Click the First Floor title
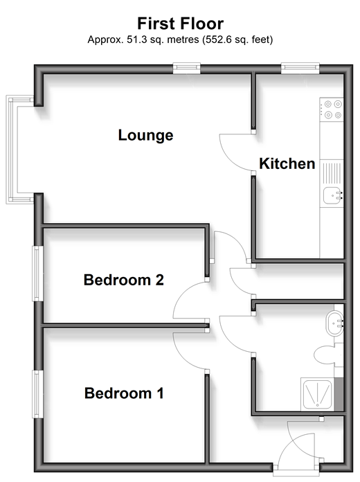pos(180,24)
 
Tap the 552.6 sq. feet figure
pos(237,39)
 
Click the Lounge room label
pos(145,135)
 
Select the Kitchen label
pos(287,163)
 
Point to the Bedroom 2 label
pos(124,280)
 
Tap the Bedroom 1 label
pos(124,393)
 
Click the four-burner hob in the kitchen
pos(332,109)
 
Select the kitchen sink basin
pos(332,195)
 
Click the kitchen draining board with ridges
pos(332,173)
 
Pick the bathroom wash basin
pos(334,323)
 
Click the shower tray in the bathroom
pos(318,394)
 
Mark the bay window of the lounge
pos(12,150)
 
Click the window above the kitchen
pos(300,69)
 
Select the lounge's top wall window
pos(187,69)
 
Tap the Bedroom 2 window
pos(38,274)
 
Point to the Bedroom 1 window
pos(38,394)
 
